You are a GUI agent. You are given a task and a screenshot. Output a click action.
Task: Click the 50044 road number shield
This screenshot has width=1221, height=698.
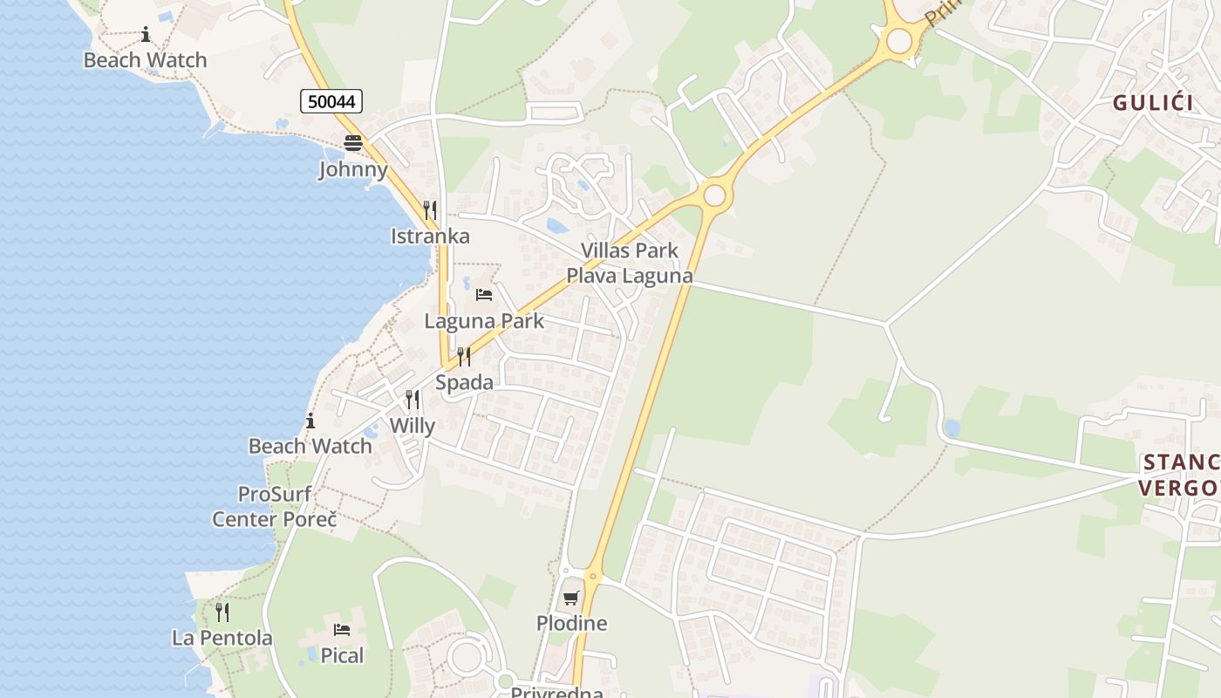(331, 101)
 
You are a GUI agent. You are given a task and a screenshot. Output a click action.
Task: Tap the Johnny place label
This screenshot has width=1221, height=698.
(353, 169)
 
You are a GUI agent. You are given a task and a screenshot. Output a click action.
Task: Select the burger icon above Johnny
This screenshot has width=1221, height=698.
(353, 143)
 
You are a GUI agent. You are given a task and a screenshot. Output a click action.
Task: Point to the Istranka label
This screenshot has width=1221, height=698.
(430, 236)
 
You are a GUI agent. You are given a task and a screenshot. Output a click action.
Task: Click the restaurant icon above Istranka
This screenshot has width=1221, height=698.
(430, 210)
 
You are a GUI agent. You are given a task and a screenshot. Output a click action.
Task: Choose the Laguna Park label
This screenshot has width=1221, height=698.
(484, 321)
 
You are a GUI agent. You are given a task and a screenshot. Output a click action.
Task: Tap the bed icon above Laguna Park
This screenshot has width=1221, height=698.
(484, 295)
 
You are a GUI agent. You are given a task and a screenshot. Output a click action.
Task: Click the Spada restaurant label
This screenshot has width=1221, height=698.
(464, 382)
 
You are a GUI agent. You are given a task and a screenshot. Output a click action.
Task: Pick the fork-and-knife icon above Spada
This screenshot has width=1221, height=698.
(464, 356)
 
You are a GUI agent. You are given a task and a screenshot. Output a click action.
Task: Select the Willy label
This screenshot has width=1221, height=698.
(412, 426)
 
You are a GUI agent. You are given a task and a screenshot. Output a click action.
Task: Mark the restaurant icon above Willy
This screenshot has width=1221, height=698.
(412, 400)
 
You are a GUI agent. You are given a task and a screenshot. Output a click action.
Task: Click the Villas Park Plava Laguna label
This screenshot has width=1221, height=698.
(630, 263)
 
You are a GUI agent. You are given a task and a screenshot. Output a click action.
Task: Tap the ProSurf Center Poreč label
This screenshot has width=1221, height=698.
(275, 507)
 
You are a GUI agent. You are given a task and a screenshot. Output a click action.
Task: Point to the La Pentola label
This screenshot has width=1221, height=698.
(222, 638)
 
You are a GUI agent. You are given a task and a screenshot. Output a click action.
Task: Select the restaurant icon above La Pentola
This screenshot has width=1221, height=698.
(222, 612)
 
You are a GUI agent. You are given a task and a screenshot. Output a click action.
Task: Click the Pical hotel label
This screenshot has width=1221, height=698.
(342, 655)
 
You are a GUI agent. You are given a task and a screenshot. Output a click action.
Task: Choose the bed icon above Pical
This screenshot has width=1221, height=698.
(342, 629)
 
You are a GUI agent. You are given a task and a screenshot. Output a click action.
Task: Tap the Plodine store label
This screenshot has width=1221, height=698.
(571, 624)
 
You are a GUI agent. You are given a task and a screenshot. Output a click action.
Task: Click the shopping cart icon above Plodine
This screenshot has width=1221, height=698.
(571, 598)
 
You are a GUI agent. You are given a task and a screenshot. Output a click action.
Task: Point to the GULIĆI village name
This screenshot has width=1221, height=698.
(1152, 103)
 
